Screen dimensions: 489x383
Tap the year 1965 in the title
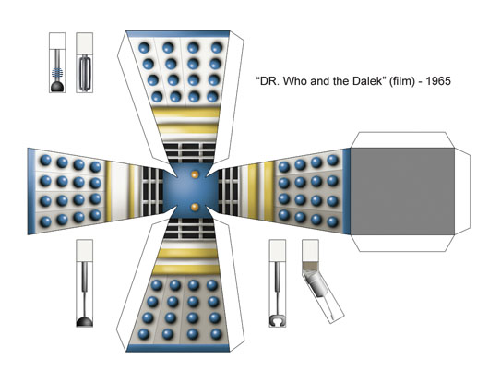click(438, 81)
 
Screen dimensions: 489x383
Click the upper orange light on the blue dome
click(195, 174)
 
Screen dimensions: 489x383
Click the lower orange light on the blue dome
click(195, 207)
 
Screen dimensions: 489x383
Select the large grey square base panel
click(402, 191)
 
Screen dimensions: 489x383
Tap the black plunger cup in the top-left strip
click(57, 87)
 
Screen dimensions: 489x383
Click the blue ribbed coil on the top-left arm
click(57, 74)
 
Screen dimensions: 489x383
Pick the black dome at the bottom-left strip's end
click(85, 321)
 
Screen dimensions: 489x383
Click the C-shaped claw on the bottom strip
click(277, 320)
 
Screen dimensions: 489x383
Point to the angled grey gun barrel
click(316, 282)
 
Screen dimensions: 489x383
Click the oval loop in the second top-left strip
click(84, 73)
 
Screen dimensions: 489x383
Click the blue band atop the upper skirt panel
click(178, 34)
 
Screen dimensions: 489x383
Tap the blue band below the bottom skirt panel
click(178, 348)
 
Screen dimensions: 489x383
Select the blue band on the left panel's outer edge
click(31, 191)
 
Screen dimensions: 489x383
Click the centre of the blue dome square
click(191, 190)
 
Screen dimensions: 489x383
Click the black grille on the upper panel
click(190, 153)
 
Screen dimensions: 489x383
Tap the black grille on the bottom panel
click(190, 228)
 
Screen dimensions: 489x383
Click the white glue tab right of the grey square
click(462, 191)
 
